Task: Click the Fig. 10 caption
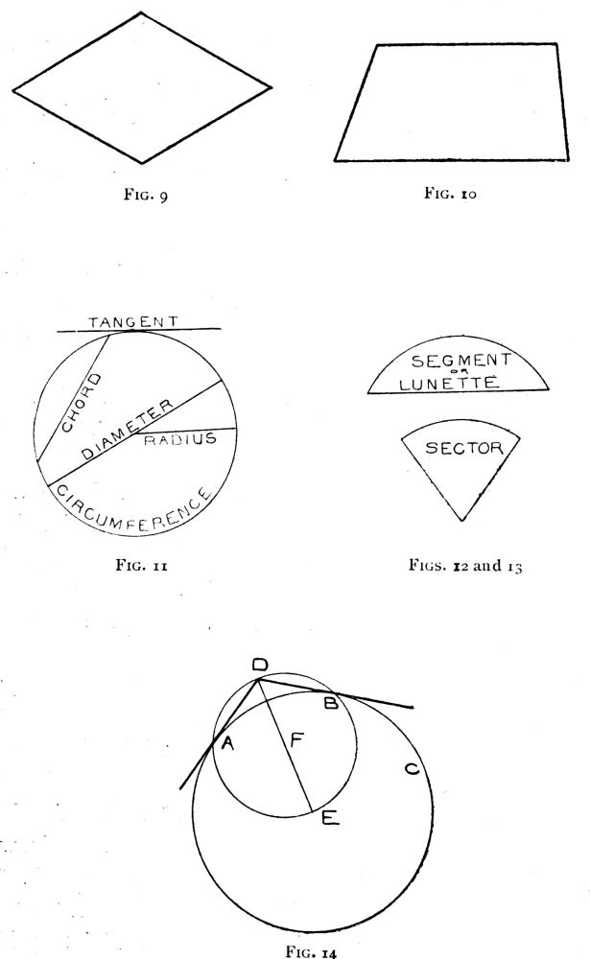point(450,193)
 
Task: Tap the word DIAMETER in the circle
point(128,431)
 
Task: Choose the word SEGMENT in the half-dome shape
point(457,362)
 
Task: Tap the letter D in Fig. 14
point(259,666)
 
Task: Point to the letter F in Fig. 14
point(297,740)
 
